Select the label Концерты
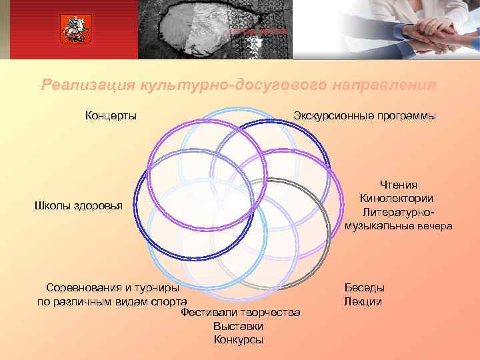coord(111,116)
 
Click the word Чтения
coord(399,185)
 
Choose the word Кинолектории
coord(397,198)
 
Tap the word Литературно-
coord(399,212)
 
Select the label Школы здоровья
coord(79,206)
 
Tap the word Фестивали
coord(211,313)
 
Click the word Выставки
coord(239,326)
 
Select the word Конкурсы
coord(239,340)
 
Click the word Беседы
coord(364,287)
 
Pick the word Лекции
coord(363,301)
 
